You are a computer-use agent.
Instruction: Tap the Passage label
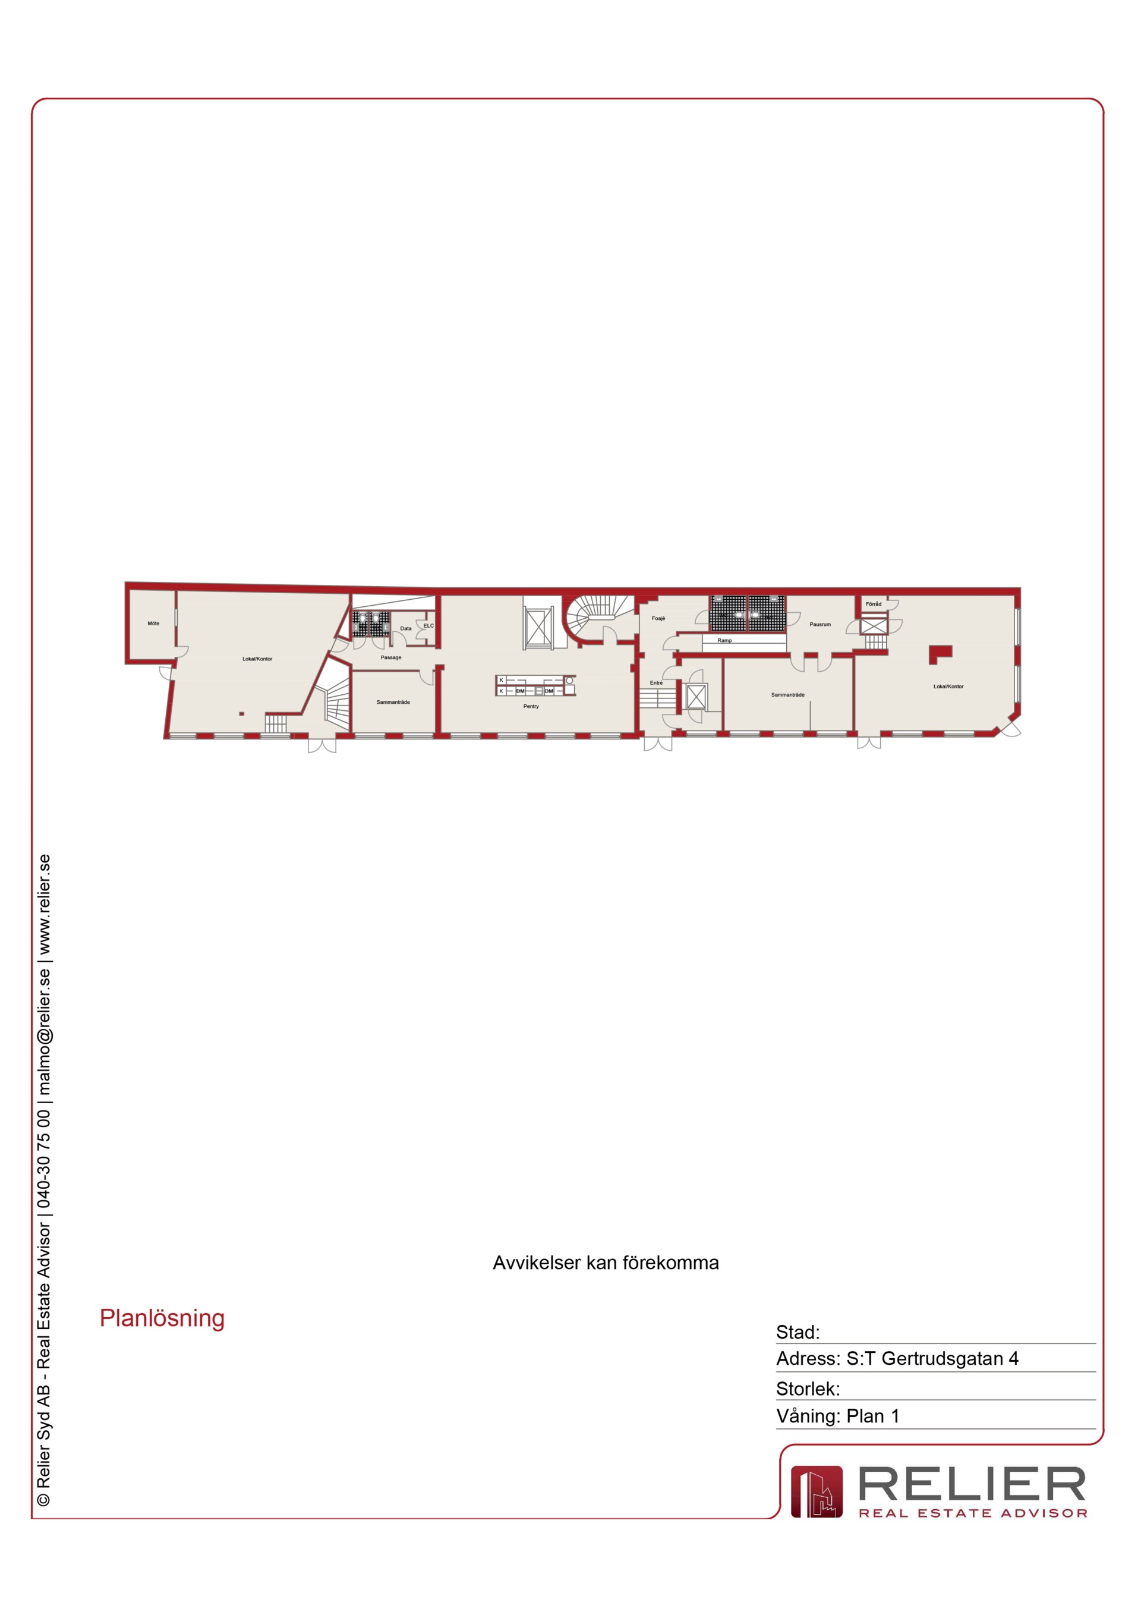pos(391,657)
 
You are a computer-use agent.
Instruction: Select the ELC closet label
pos(428,625)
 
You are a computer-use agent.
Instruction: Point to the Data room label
pos(406,628)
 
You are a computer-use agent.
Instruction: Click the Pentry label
pos(531,706)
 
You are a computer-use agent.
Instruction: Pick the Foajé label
pos(658,618)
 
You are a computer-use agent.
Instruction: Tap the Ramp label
pos(724,640)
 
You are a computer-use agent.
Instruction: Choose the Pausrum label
pos(820,624)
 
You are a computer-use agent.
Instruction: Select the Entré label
pos(656,682)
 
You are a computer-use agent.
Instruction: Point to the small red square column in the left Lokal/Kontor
pos(241,714)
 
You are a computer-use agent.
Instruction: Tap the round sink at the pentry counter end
pos(569,681)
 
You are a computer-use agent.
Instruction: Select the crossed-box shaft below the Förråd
pos(874,626)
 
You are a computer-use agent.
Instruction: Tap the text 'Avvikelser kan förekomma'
pos(606,1263)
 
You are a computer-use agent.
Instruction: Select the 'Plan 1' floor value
pos(872,1416)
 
